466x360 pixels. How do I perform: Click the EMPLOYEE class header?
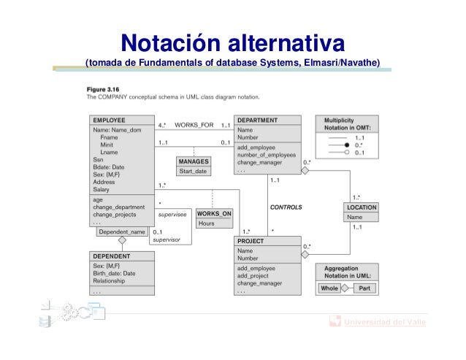[x=109, y=120]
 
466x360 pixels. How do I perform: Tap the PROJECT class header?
[x=251, y=240]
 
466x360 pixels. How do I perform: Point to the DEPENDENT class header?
[x=112, y=256]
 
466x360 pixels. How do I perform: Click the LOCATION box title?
[x=362, y=207]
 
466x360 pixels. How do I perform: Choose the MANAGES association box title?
[x=194, y=161]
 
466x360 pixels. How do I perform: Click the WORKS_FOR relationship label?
[x=194, y=125]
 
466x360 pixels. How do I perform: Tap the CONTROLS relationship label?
[x=286, y=207]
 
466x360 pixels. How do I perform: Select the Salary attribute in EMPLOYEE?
[x=102, y=189]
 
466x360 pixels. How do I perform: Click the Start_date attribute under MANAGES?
[x=194, y=171]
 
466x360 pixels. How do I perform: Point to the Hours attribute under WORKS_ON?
[x=206, y=223]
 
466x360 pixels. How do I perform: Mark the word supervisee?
[x=172, y=215]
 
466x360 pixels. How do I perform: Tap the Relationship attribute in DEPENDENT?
[x=110, y=280]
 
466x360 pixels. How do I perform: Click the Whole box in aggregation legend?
[x=329, y=288]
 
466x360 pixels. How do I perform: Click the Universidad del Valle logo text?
[x=384, y=322]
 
